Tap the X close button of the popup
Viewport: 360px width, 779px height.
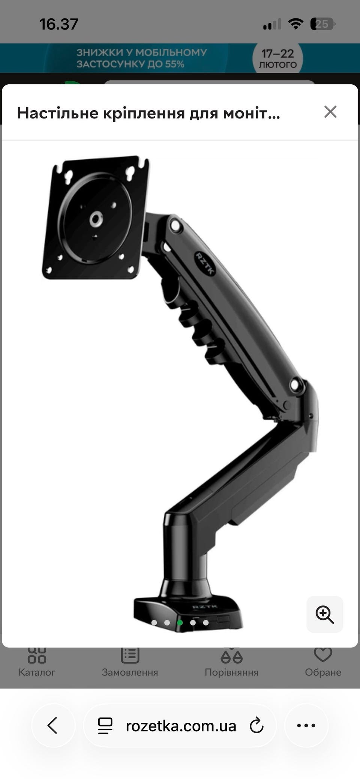tap(330, 112)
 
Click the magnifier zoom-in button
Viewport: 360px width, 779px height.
tap(325, 614)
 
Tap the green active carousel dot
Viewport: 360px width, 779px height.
tap(180, 623)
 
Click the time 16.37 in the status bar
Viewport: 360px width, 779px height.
tap(59, 24)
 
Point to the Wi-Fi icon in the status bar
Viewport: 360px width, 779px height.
tap(295, 24)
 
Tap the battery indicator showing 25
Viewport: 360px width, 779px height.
tap(322, 24)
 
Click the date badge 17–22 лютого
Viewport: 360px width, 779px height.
tap(277, 58)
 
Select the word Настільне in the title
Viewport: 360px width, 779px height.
tap(58, 113)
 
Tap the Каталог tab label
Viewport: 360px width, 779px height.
tap(37, 672)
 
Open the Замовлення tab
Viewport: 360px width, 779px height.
tap(130, 664)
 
